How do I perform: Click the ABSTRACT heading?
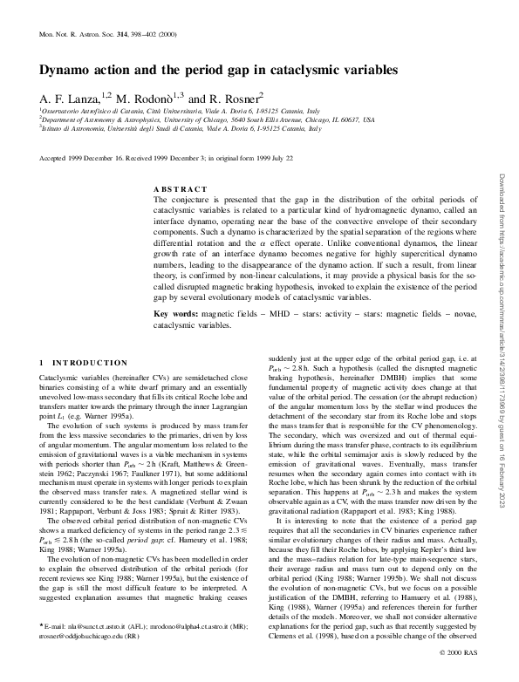[x=181, y=189]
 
